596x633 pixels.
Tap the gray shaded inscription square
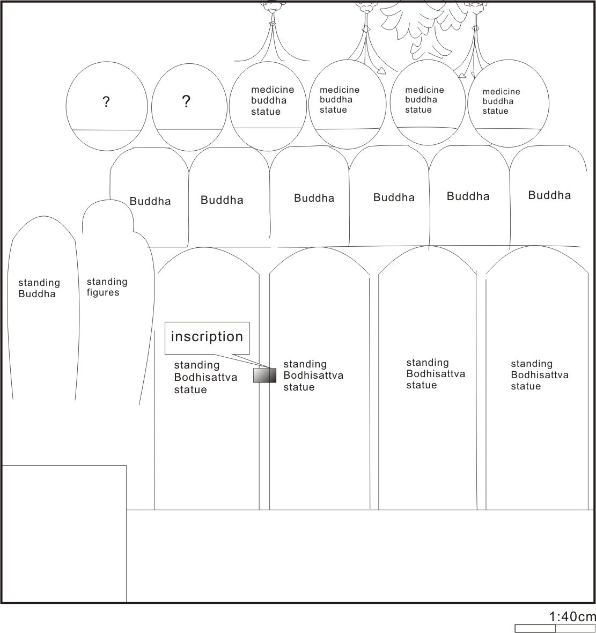265,375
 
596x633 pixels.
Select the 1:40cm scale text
572,616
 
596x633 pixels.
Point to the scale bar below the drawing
555,629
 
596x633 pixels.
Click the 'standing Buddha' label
39,288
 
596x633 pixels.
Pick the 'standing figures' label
107,287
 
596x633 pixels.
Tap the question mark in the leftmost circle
106,102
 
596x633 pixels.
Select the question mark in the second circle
186,101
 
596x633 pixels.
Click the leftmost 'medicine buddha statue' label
273,100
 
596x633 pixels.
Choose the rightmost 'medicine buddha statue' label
501,101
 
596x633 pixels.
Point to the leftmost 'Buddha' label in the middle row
150,201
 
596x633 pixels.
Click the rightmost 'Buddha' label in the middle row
549,195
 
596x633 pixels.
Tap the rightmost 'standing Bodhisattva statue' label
540,375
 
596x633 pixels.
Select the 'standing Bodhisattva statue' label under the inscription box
205,378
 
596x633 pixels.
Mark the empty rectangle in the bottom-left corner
64,534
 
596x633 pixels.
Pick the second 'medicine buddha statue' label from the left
339,100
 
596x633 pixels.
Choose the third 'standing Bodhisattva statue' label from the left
435,374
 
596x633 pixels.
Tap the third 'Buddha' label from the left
314,198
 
